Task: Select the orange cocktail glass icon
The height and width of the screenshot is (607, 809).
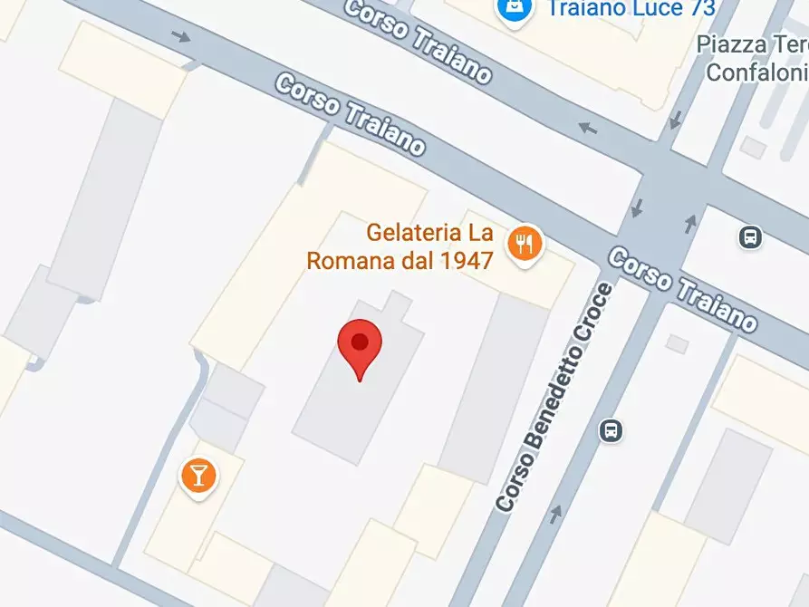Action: tap(198, 473)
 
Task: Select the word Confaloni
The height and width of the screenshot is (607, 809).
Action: tap(757, 72)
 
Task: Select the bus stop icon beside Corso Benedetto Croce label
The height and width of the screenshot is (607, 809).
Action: tap(612, 429)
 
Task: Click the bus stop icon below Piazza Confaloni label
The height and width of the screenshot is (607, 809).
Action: tap(750, 237)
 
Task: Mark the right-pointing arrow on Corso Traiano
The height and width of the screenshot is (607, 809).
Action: tap(182, 37)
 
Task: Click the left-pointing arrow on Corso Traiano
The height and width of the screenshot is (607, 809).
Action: tap(588, 128)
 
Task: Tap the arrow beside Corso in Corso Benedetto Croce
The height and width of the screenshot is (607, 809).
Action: tap(554, 515)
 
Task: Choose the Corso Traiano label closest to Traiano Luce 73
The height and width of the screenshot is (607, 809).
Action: tap(419, 42)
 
